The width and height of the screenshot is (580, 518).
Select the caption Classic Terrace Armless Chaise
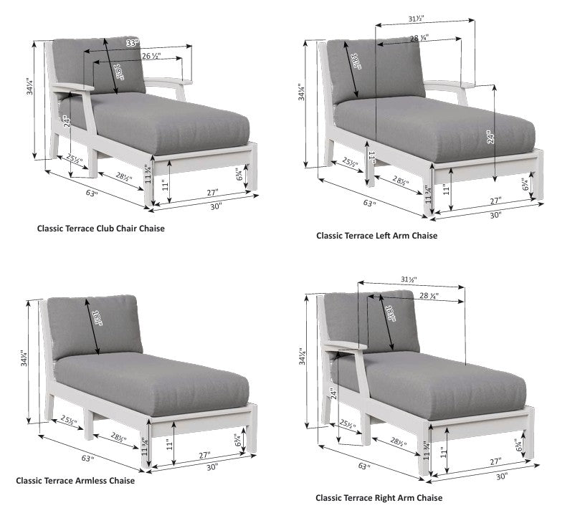pos(75,481)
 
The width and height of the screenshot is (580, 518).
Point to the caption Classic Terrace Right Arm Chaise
pos(379,497)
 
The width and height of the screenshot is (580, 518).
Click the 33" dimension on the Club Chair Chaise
pos(131,44)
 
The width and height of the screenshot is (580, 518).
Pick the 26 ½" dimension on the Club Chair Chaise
pos(151,55)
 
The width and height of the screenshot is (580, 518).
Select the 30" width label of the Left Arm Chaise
pos(495,214)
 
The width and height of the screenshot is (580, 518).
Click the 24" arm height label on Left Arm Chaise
pos(490,137)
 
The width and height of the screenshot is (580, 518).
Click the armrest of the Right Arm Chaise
pos(344,348)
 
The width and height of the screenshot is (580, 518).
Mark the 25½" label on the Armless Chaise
pos(70,421)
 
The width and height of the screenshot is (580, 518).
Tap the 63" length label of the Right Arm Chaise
pos(363,466)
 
